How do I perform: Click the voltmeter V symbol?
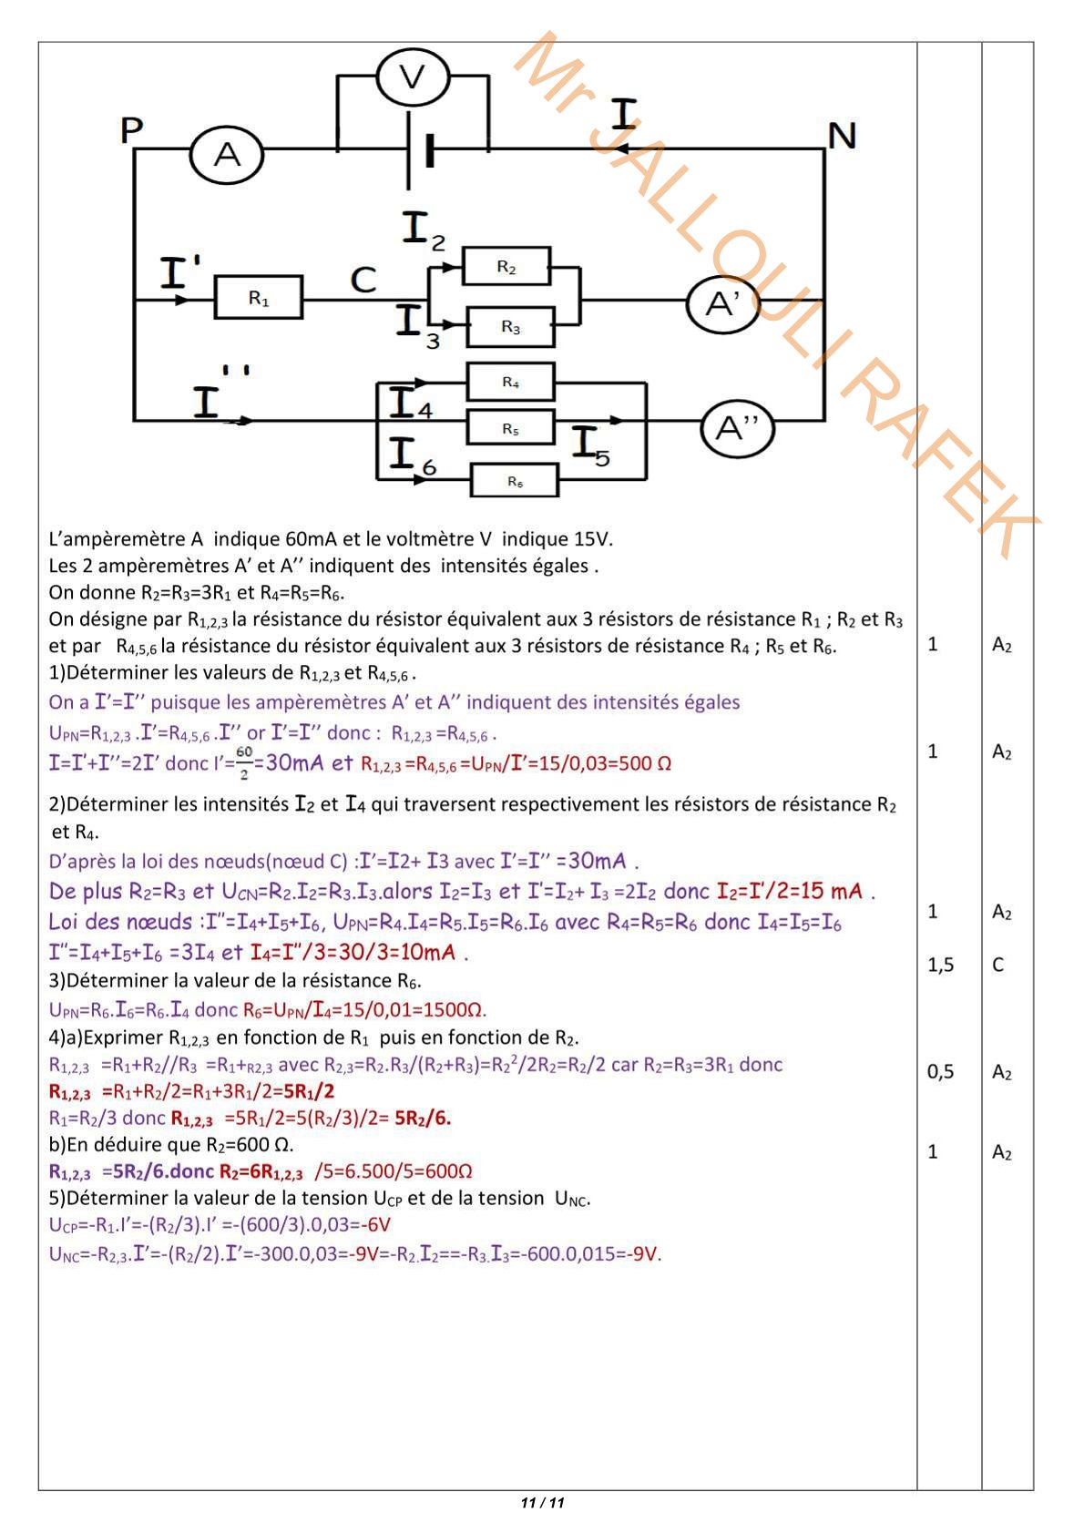click(x=413, y=77)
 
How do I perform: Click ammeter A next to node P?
click(x=226, y=155)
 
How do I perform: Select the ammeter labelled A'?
click(x=722, y=304)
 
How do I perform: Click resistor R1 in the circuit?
click(x=259, y=298)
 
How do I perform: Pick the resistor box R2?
click(x=506, y=267)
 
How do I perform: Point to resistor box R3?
click(x=510, y=327)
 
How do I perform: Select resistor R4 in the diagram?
click(x=510, y=382)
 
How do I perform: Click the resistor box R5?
click(x=510, y=428)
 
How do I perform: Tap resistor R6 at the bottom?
click(x=515, y=480)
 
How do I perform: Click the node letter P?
click(x=131, y=130)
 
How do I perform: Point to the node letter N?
click(x=842, y=136)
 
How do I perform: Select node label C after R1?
click(x=363, y=280)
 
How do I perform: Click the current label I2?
click(x=423, y=229)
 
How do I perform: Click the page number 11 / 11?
click(x=542, y=1503)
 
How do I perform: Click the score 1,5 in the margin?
click(x=940, y=965)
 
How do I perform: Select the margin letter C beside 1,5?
click(x=998, y=965)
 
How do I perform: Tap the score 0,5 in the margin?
click(x=940, y=1072)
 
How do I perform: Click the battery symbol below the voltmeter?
click(x=418, y=151)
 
